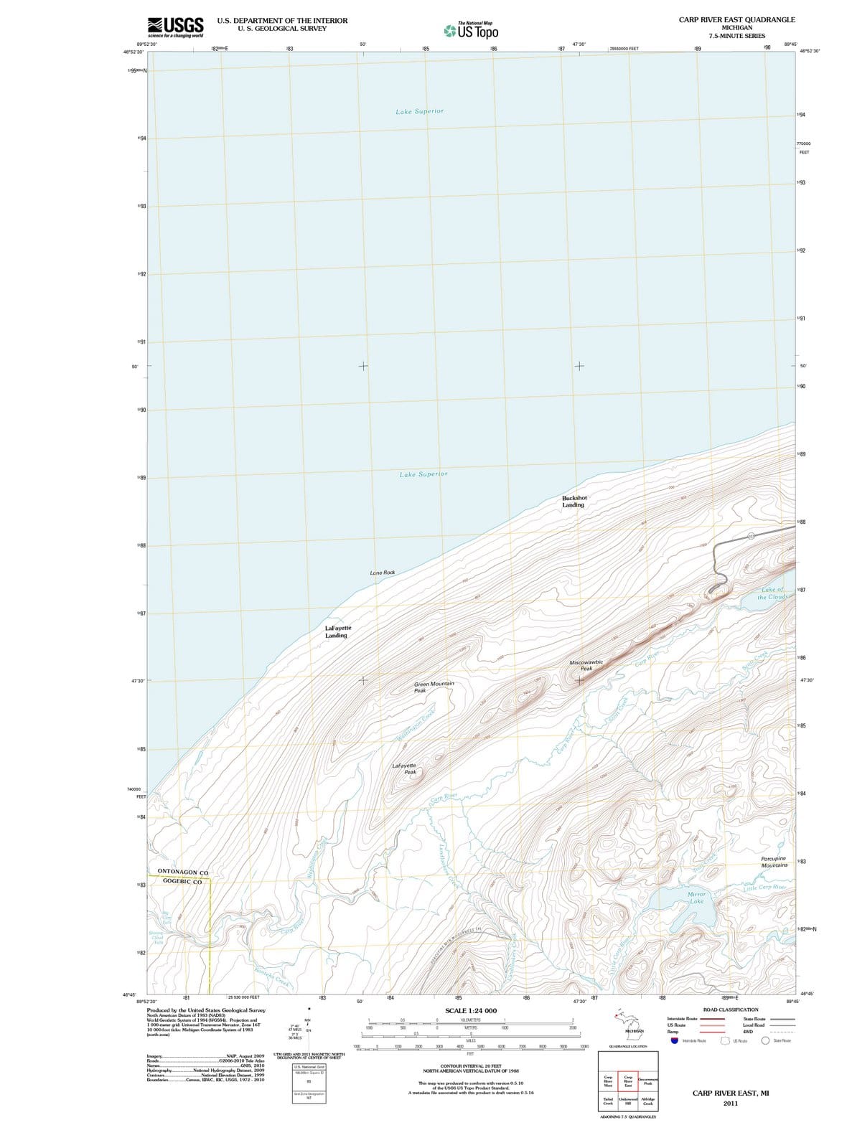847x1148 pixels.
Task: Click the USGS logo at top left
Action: [x=175, y=27]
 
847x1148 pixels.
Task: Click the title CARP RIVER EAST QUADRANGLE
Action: [x=736, y=19]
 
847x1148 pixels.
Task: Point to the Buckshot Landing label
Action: [x=574, y=501]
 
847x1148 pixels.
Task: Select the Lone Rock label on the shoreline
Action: [x=382, y=573]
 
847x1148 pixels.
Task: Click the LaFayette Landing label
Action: [x=337, y=631]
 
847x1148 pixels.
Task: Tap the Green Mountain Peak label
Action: [x=434, y=687]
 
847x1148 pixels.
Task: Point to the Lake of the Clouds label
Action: [x=772, y=593]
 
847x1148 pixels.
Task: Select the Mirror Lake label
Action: [x=696, y=898]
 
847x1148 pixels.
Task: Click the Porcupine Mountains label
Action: [x=774, y=862]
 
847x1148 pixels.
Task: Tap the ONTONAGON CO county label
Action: [x=182, y=872]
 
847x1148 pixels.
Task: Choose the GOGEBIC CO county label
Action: [x=182, y=881]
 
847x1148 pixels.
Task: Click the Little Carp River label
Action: [x=765, y=888]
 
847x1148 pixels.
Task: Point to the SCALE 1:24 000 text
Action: [x=470, y=1010]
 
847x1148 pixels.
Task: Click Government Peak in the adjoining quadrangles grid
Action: [x=647, y=1081]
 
